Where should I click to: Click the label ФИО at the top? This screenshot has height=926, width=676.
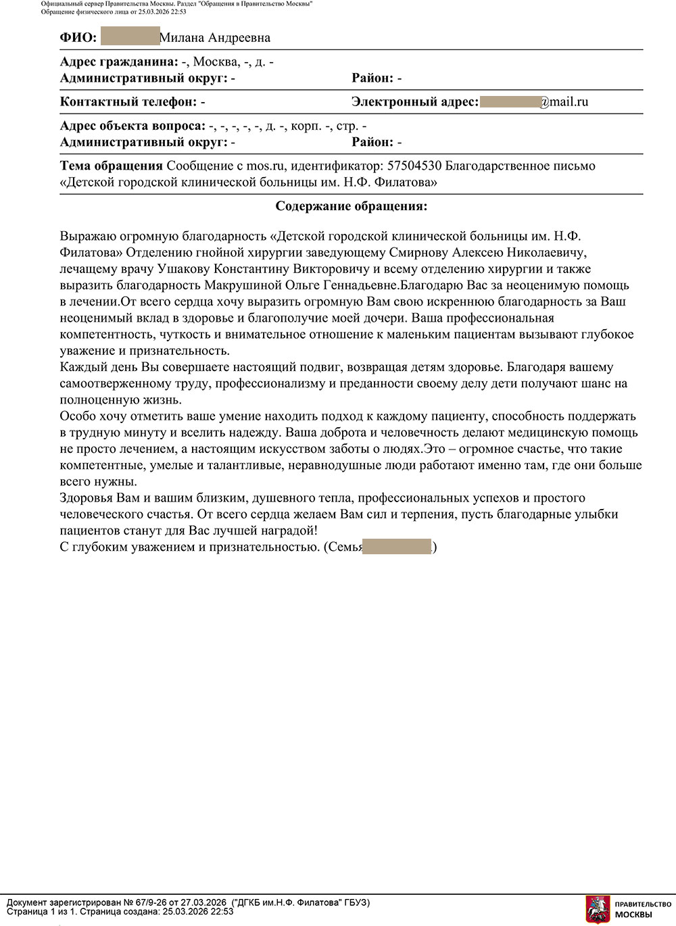[x=78, y=38]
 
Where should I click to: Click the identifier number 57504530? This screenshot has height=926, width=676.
[x=414, y=166]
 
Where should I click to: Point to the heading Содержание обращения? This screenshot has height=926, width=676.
[x=352, y=206]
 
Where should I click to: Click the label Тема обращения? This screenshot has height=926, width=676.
[x=112, y=166]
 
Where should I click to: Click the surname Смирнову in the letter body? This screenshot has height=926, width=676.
[x=418, y=253]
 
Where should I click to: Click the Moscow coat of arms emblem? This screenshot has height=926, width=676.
[x=598, y=909]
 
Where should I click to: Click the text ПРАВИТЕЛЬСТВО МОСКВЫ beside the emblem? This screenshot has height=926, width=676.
[x=642, y=909]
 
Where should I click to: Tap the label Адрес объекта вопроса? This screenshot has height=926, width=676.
[x=132, y=126]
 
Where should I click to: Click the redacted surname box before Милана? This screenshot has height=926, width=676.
[x=130, y=37]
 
